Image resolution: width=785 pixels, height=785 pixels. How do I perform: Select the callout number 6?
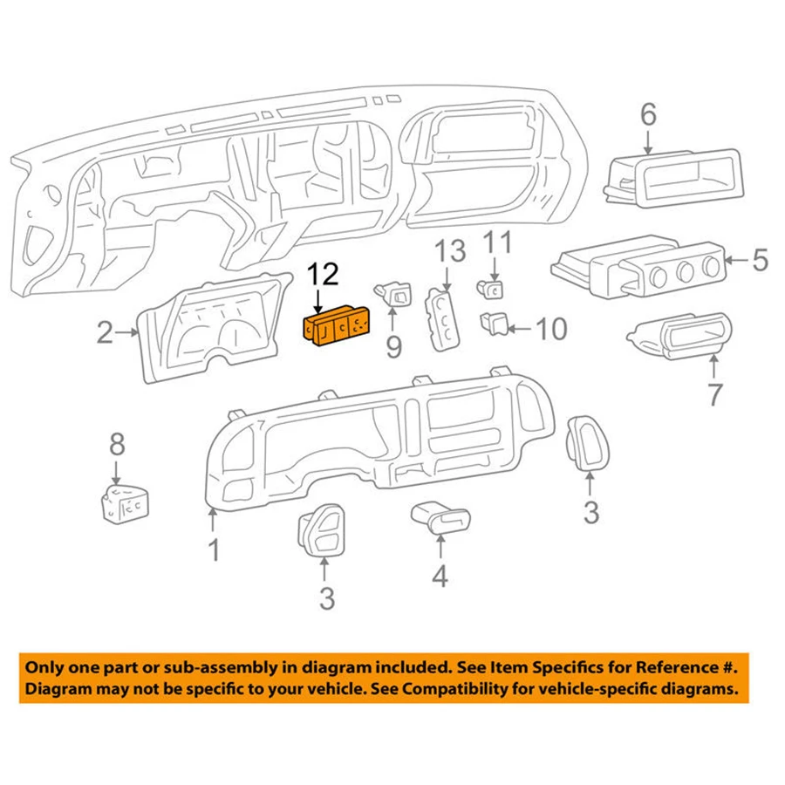pyautogui.click(x=648, y=114)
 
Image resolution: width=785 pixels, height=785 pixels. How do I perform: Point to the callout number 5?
pyautogui.click(x=759, y=259)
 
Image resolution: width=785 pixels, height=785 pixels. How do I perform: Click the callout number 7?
pyautogui.click(x=714, y=393)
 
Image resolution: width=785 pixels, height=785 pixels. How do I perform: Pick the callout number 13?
pyautogui.click(x=451, y=253)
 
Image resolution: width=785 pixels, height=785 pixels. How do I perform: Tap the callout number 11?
pyautogui.click(x=499, y=242)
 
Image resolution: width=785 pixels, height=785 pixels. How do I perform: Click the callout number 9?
pyautogui.click(x=393, y=347)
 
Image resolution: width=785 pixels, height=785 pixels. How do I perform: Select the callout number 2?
pyautogui.click(x=105, y=331)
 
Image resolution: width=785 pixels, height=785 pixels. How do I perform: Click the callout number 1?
pyautogui.click(x=213, y=551)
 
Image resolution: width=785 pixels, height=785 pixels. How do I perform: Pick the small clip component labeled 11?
pyautogui.click(x=492, y=287)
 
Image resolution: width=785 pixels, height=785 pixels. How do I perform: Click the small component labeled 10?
pyautogui.click(x=494, y=325)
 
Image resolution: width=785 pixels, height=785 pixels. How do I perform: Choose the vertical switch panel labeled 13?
pyautogui.click(x=442, y=317)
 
